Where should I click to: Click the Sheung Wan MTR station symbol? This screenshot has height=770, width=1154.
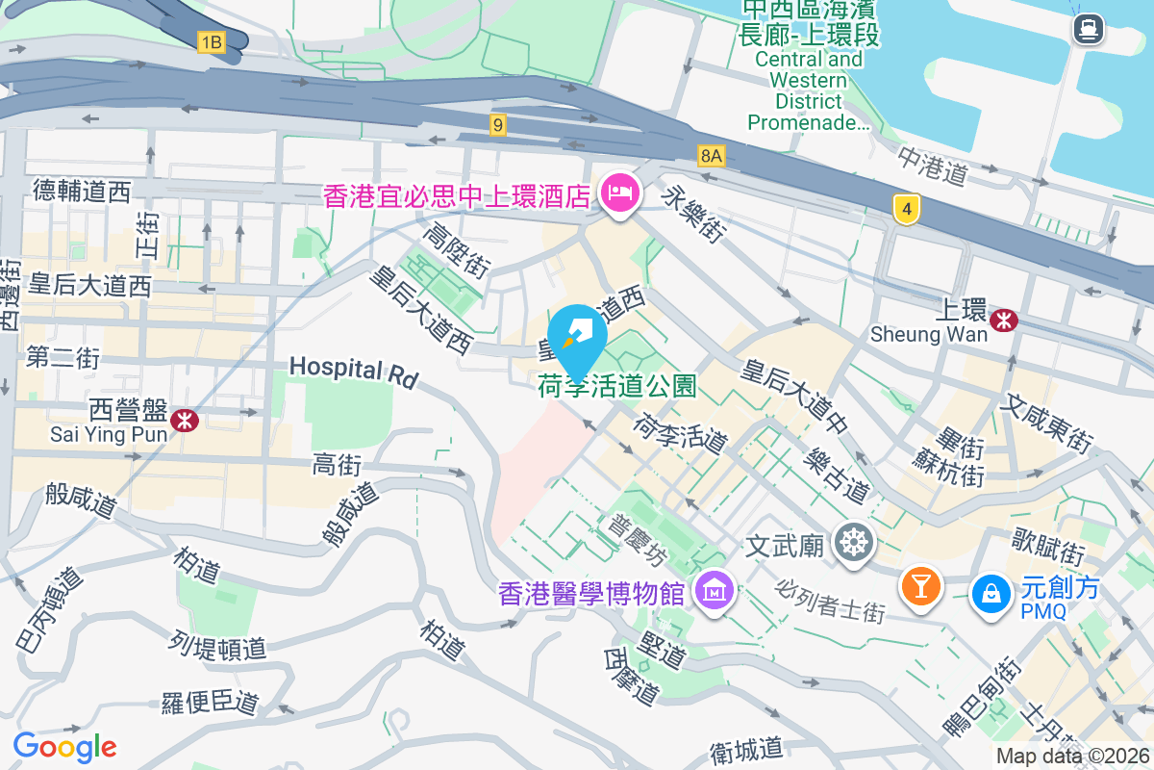[1005, 319]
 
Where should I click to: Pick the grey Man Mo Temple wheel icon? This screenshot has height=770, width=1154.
[853, 543]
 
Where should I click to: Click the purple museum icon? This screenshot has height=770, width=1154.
[715, 588]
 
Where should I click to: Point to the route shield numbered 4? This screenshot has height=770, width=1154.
[904, 209]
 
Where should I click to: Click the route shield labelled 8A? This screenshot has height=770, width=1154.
[712, 154]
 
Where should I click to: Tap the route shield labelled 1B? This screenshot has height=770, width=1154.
[211, 42]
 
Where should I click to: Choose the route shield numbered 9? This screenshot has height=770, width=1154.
[497, 124]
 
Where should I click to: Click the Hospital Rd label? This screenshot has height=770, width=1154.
[353, 372]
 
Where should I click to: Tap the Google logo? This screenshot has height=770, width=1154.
[64, 746]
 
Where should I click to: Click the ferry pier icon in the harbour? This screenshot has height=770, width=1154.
[1089, 29]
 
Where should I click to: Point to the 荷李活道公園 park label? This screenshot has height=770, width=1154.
[616, 387]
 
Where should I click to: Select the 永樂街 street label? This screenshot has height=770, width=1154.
[694, 214]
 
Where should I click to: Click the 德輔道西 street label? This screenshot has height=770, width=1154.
[81, 192]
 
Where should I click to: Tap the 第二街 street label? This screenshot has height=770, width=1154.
[63, 358]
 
